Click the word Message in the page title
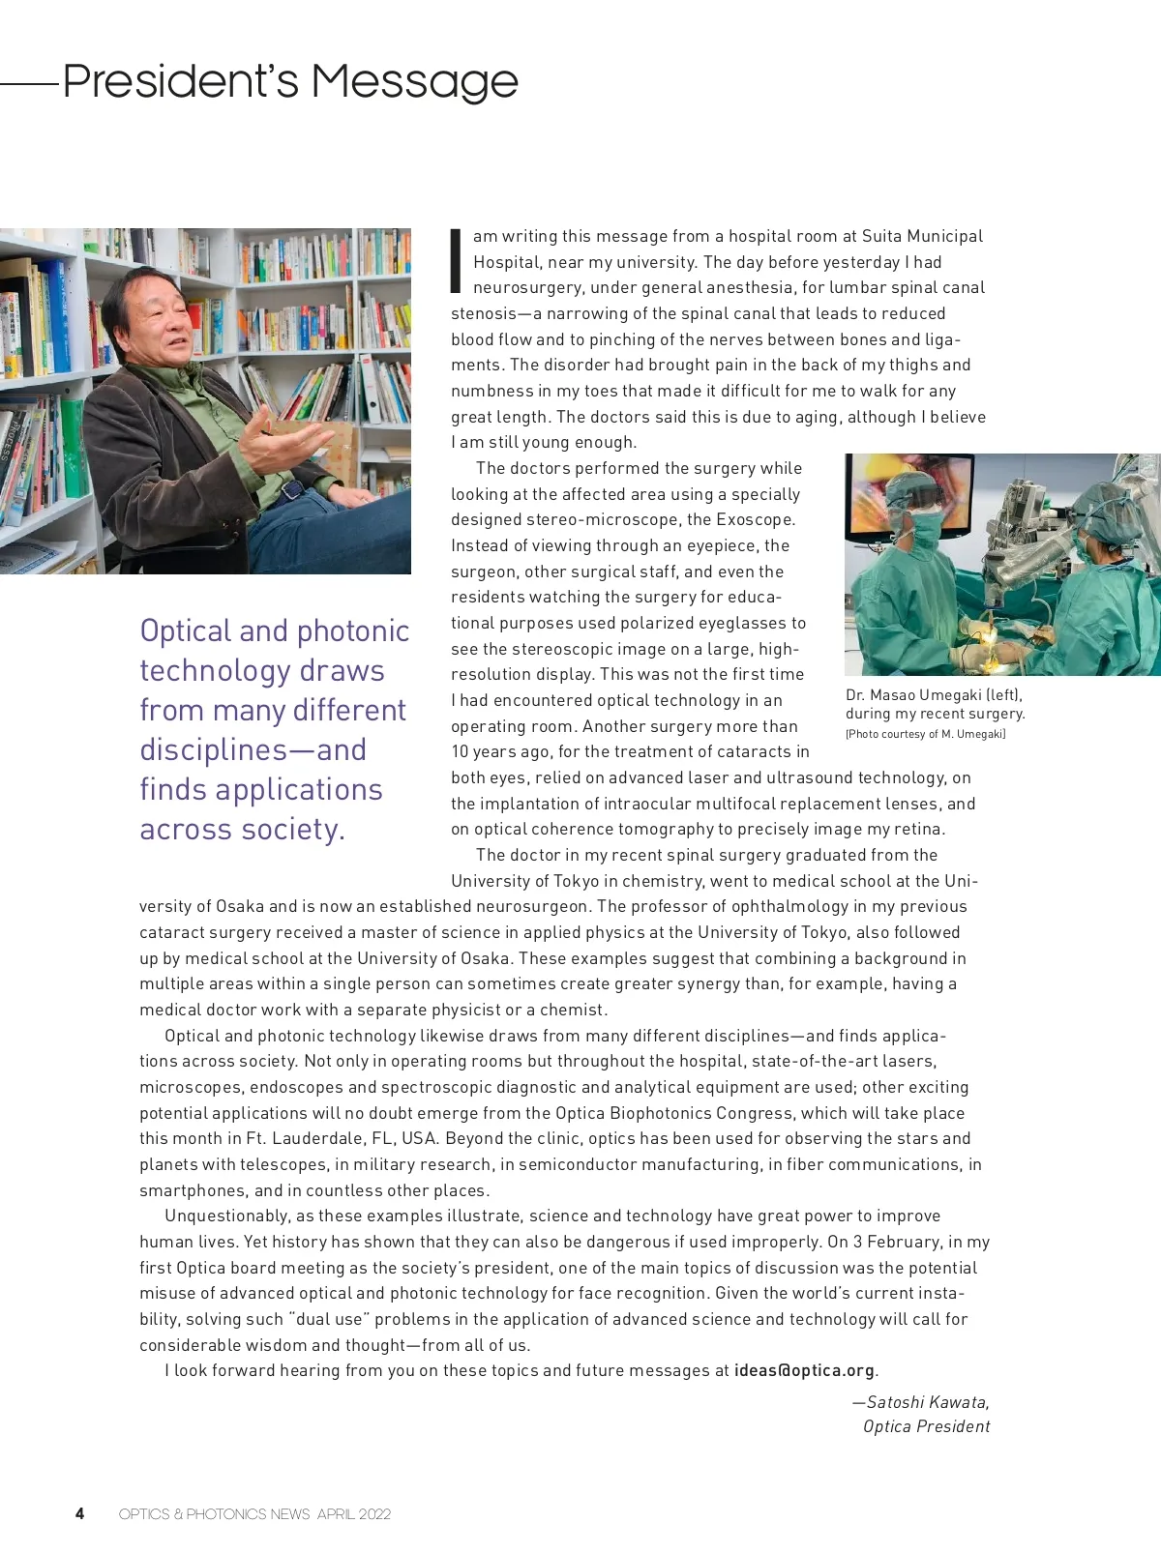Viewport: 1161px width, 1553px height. click(x=414, y=81)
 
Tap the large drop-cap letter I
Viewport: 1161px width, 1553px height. click(x=456, y=261)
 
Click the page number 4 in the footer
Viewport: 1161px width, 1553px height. click(x=79, y=1513)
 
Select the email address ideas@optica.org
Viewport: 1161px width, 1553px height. click(x=805, y=1370)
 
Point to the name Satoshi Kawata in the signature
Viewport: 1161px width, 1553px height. click(x=926, y=1402)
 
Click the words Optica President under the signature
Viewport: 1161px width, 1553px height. click(x=926, y=1426)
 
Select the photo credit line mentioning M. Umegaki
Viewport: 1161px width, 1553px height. click(x=925, y=734)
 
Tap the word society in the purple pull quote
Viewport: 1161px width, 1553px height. click(x=289, y=830)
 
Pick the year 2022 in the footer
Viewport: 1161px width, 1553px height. click(x=374, y=1514)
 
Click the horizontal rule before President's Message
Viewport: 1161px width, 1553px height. click(x=29, y=84)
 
